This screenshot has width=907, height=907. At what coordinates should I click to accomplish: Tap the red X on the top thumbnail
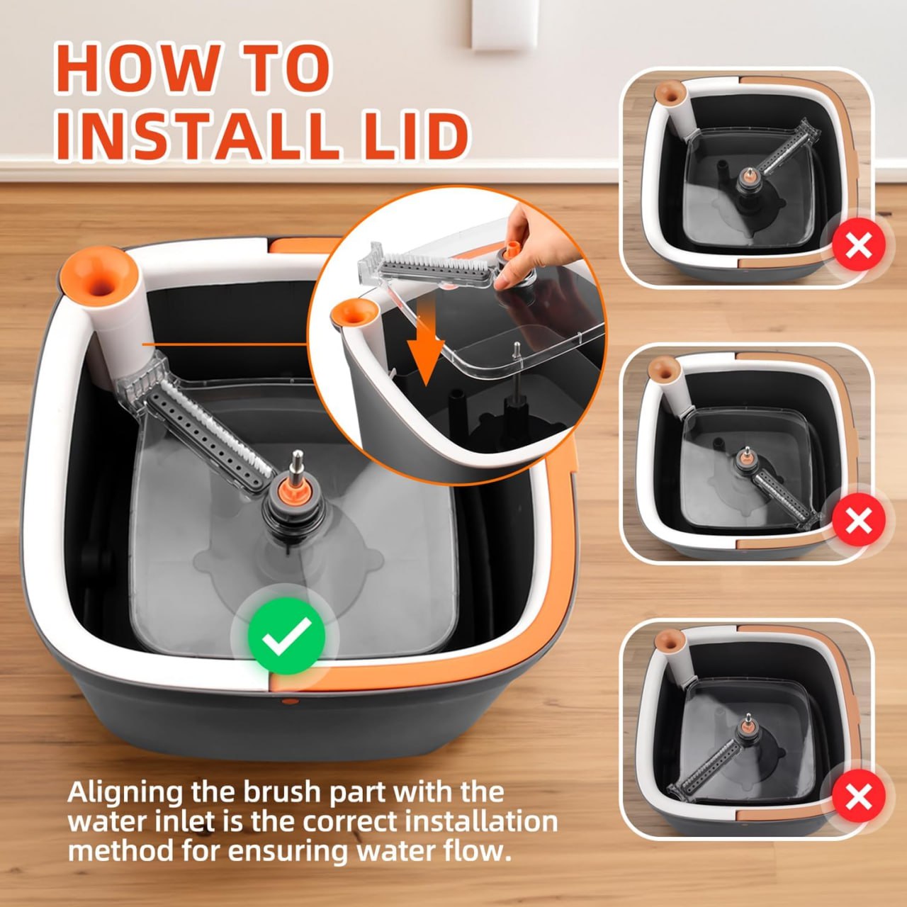click(858, 246)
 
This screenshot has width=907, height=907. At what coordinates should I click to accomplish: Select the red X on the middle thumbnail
click(858, 522)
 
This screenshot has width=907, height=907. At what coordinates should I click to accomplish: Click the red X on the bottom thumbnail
click(858, 797)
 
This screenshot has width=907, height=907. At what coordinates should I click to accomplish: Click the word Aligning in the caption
click(125, 791)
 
